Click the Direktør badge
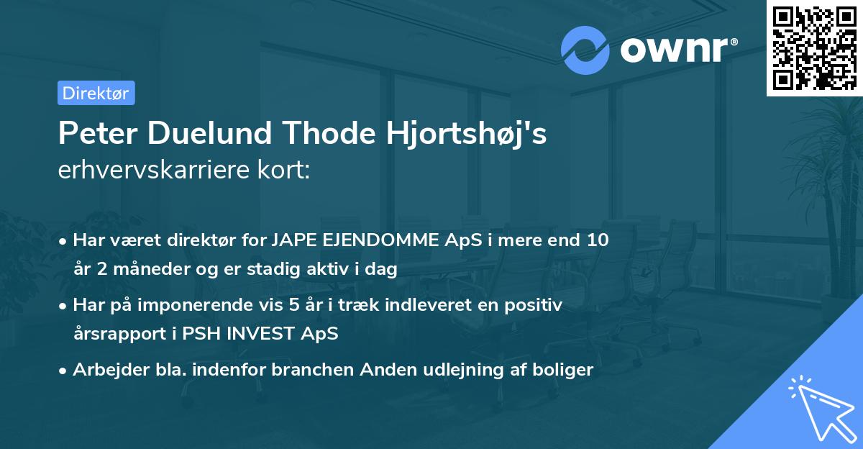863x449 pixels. [96, 93]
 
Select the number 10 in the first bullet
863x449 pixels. [598, 240]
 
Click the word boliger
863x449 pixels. [565, 370]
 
